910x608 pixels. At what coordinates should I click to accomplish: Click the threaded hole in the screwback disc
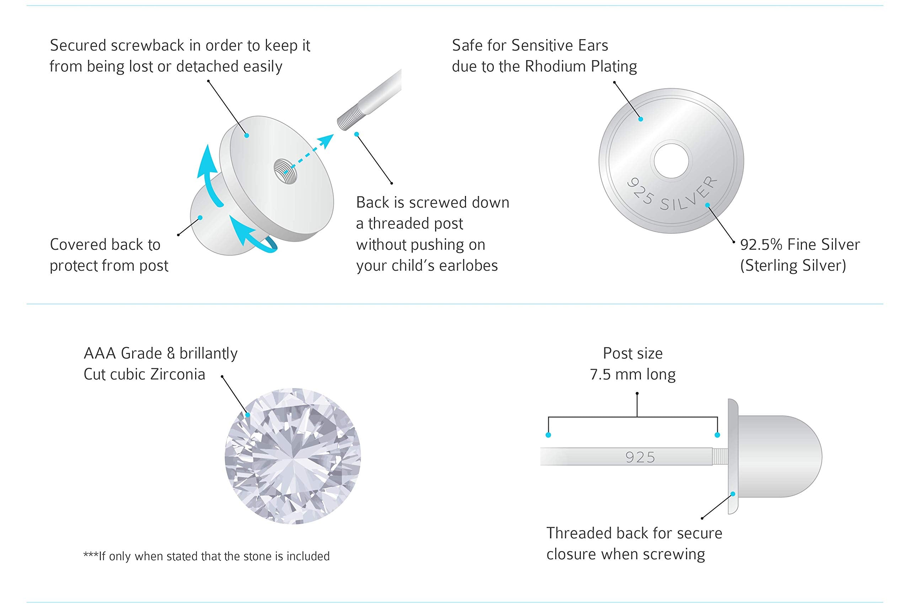point(285,171)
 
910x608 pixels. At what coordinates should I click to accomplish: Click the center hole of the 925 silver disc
point(671,161)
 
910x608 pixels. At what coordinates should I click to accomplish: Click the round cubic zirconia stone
point(293,456)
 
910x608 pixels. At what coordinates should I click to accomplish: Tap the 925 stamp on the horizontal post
point(640,457)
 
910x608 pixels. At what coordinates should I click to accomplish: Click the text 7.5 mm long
point(632,375)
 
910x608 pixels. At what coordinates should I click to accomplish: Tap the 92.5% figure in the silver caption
point(760,245)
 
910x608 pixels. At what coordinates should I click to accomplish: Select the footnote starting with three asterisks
point(206,556)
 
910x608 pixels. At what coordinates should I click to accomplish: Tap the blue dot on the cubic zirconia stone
point(247,415)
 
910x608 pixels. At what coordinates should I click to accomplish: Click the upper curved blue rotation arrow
point(208,174)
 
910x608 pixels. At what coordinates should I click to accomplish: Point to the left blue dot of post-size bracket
point(548,435)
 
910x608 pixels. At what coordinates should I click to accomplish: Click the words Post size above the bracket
point(632,353)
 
